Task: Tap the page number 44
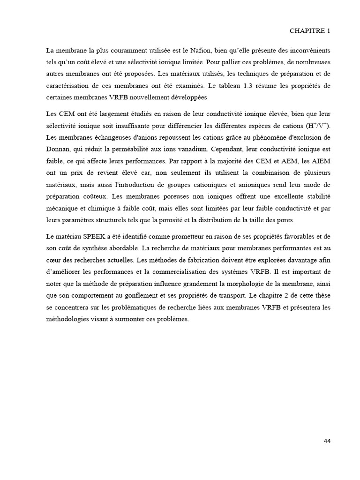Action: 327,441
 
